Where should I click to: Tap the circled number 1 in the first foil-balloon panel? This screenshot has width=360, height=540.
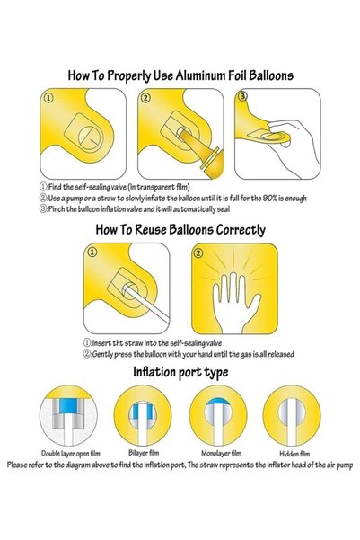(x=48, y=98)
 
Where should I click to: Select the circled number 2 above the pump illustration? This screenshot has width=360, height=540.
(x=146, y=98)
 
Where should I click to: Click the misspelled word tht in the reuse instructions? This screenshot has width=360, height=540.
(x=118, y=343)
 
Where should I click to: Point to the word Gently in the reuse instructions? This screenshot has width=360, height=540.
(x=103, y=354)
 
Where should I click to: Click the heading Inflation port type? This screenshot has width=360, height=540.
(x=180, y=372)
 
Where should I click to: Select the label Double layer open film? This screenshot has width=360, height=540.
(x=71, y=453)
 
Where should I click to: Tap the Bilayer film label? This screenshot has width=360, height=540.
(x=144, y=453)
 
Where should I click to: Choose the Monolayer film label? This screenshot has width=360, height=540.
(x=222, y=453)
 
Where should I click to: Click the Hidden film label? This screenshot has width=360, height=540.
(x=294, y=454)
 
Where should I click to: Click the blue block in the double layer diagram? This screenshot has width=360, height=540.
(x=67, y=406)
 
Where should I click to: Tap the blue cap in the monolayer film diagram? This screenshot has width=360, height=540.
(x=218, y=403)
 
